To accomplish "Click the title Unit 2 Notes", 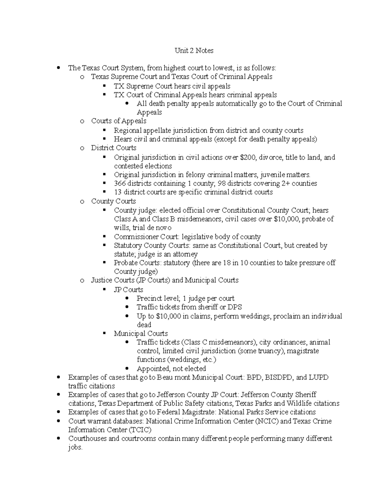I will point(194,50).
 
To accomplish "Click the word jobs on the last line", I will point(75,448).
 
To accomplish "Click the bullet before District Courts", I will point(82,148).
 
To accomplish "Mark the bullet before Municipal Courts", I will point(104,333).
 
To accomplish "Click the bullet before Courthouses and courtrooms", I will point(59,439).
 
